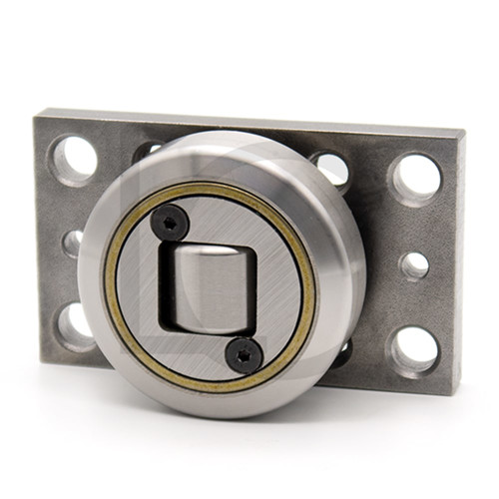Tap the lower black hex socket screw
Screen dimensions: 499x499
tap(244, 351)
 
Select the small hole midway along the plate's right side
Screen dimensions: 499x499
tap(414, 265)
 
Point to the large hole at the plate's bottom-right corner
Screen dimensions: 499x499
tap(413, 348)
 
